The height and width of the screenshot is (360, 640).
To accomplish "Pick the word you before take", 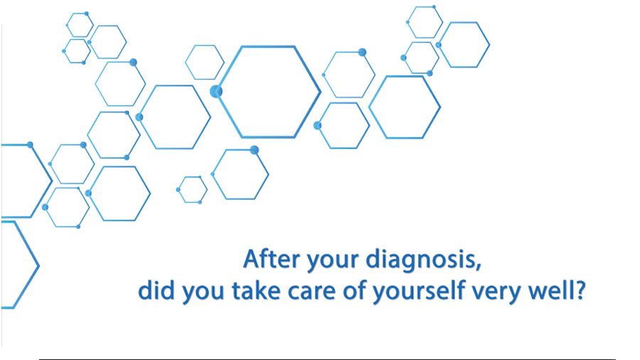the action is coord(203,293).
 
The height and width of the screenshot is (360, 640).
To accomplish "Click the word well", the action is coord(548,290).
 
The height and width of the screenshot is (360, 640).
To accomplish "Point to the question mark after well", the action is coord(579,290).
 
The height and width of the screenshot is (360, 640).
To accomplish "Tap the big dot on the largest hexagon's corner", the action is coord(216,92).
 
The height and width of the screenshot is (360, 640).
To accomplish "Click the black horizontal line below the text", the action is coord(327,359).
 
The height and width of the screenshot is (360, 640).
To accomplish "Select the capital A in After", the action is coord(253,259).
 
